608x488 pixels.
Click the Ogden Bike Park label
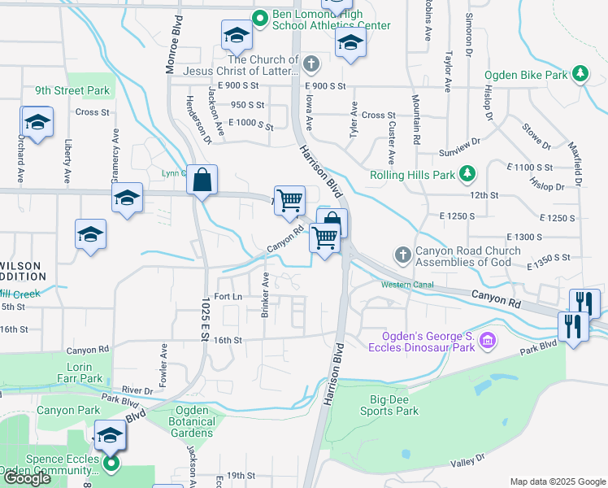point(525,75)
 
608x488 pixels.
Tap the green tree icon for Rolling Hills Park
point(467,173)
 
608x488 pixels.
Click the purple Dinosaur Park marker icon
point(488,339)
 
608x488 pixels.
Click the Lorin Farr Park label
point(85,373)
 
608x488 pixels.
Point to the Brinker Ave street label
point(265,294)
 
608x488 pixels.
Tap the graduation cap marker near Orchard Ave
point(37,123)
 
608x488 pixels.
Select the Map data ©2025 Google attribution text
point(558,481)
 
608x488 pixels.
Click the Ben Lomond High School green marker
point(260,18)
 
